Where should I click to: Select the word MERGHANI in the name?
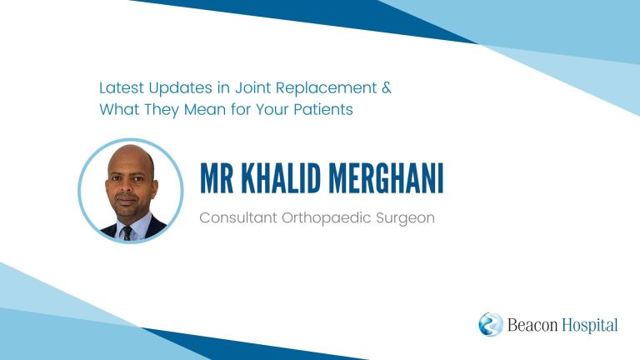tap(386, 178)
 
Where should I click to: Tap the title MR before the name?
tap(217, 178)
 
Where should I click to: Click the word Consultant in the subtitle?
tap(238, 217)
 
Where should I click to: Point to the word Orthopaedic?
tap(326, 218)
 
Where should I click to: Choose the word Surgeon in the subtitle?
tap(405, 219)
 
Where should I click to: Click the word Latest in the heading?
tap(122, 87)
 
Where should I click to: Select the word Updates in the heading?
tap(180, 88)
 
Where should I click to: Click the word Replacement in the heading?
tap(327, 88)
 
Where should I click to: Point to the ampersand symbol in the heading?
tap(387, 87)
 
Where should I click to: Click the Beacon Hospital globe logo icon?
tap(491, 324)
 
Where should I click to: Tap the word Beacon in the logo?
tap(532, 325)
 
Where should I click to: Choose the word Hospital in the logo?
tap(590, 326)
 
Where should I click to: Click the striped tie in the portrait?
tap(127, 233)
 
